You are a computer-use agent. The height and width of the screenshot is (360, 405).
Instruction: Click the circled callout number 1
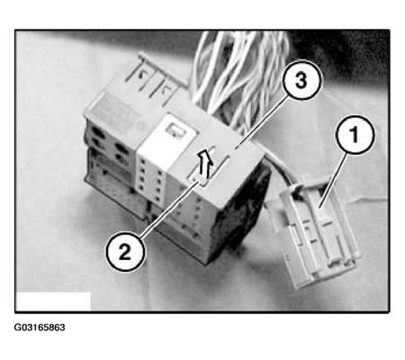point(355,135)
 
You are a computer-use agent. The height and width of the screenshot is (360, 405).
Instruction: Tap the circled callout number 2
point(125,251)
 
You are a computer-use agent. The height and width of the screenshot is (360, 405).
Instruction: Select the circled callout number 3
point(301,80)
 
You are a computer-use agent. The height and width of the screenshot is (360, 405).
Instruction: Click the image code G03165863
point(40,328)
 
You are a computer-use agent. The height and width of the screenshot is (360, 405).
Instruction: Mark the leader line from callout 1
point(333,180)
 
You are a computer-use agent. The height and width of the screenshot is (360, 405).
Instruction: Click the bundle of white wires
point(240,78)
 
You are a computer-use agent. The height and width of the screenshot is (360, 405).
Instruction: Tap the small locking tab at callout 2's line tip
point(201,181)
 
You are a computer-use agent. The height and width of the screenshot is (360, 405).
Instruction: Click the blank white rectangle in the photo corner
point(54,301)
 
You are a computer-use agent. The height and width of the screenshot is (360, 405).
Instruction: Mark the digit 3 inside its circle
point(301,80)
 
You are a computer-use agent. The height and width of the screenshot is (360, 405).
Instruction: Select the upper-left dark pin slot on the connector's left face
point(97,132)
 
